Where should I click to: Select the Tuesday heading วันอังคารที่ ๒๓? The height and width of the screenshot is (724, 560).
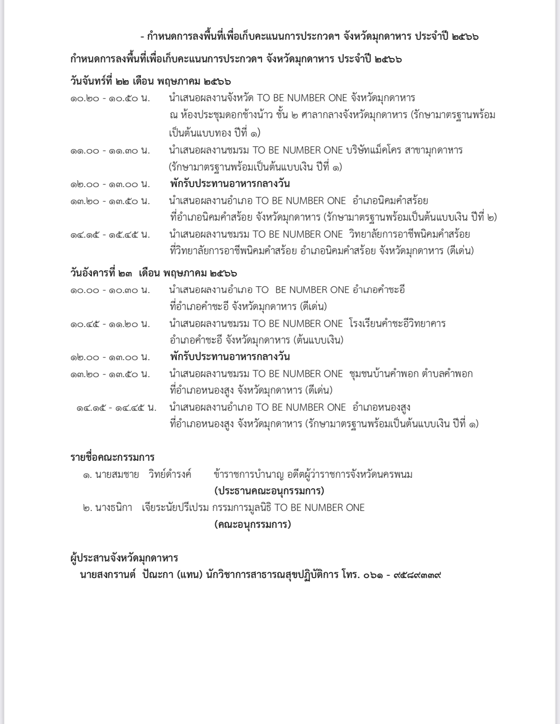click(100, 273)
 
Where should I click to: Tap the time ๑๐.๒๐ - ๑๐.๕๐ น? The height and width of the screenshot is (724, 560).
click(110, 98)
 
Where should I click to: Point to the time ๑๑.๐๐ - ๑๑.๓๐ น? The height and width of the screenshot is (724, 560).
click(110, 150)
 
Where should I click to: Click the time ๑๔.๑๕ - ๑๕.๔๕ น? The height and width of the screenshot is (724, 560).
click(110, 235)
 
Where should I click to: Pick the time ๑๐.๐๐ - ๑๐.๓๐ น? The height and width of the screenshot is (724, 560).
click(110, 290)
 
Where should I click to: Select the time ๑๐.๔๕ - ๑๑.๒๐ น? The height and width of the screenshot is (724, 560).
click(110, 324)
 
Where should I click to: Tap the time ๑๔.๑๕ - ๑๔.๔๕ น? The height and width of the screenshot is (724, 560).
click(116, 408)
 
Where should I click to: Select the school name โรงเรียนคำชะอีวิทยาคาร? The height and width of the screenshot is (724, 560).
click(397, 324)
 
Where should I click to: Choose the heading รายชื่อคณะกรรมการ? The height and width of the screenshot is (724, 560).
click(113, 457)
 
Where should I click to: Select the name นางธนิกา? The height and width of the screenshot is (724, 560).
click(113, 507)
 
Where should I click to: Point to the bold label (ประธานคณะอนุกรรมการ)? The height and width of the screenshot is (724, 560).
click(269, 491)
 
